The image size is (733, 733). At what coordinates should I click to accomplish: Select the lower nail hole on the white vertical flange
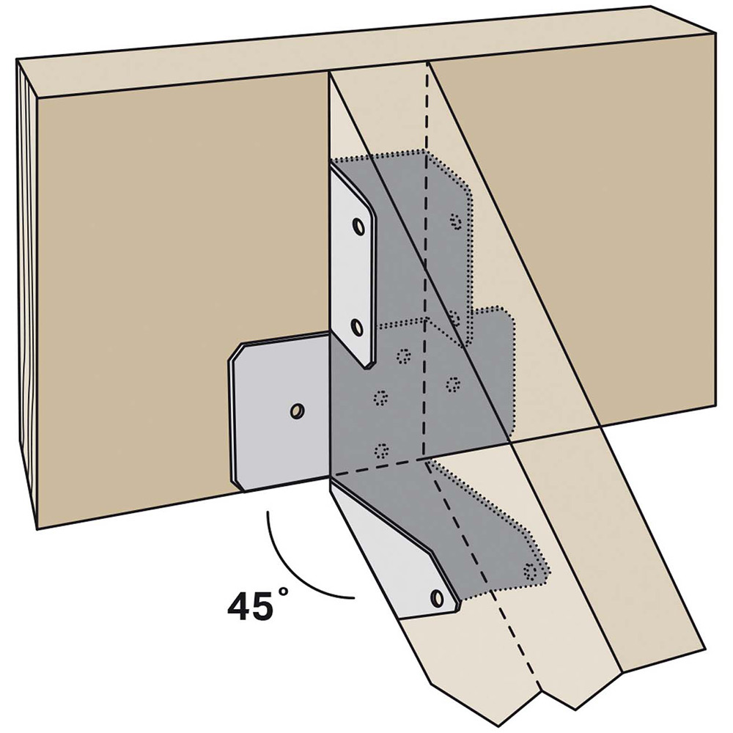(x=357, y=325)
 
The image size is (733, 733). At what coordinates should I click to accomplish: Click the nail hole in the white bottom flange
(x=438, y=597)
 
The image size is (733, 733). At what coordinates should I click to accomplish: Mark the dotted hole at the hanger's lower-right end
(x=530, y=570)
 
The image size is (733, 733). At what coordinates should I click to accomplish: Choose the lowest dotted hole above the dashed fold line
(x=380, y=450)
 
